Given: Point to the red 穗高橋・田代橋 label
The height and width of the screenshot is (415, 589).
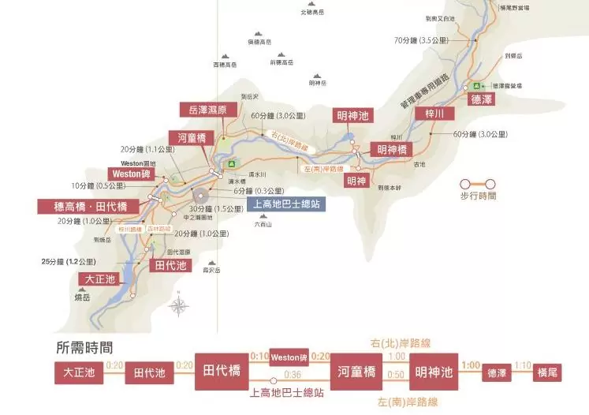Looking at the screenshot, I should point(88,206).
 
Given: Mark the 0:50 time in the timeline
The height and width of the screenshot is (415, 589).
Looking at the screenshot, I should point(397,375).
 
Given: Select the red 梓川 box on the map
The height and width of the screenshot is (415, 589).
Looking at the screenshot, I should point(434,115).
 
